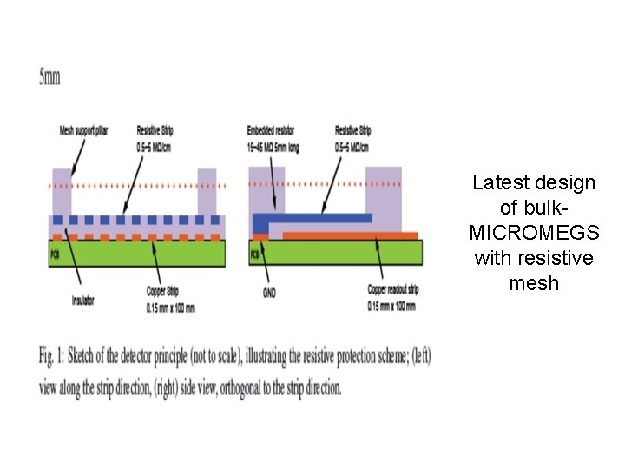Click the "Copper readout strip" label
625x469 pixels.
point(393,288)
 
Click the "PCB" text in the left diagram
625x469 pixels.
point(55,254)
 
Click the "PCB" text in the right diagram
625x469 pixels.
point(254,254)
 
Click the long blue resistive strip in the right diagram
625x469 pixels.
point(321,217)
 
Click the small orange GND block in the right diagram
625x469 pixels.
point(260,236)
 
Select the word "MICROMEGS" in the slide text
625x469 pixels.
point(534,233)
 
